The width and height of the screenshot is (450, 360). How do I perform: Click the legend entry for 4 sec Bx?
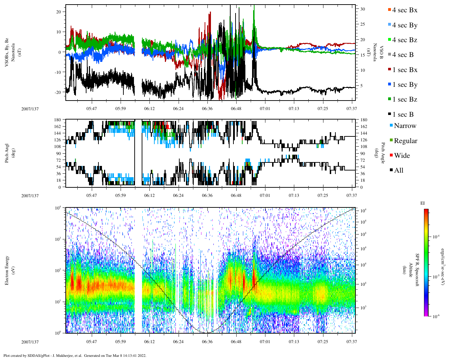pyautogui.click(x=404, y=10)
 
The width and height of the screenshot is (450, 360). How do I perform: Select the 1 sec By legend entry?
pyautogui.click(x=404, y=85)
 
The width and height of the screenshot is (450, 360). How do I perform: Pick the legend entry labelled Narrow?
pyautogui.click(x=405, y=126)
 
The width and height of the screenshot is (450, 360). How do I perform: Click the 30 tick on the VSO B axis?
pyautogui.click(x=362, y=9)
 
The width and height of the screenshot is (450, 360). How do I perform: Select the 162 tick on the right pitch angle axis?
pyautogui.click(x=364, y=127)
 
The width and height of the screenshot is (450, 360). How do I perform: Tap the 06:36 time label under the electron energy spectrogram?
pyautogui.click(x=207, y=342)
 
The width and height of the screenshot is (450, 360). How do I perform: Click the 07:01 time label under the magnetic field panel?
pyautogui.click(x=265, y=109)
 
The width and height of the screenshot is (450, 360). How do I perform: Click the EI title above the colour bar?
pyautogui.click(x=423, y=203)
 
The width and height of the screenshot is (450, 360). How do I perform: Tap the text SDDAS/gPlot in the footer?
pyautogui.click(x=38, y=355)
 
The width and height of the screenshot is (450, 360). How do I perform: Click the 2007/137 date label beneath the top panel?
pyautogui.click(x=30, y=109)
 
